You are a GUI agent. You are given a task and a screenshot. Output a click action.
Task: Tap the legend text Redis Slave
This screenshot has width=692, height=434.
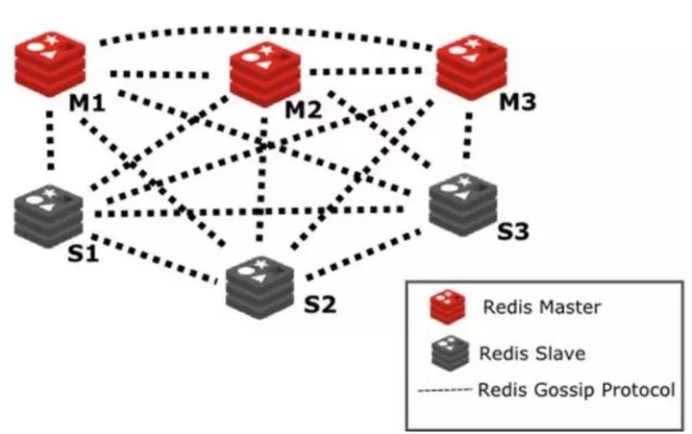(x=531, y=353)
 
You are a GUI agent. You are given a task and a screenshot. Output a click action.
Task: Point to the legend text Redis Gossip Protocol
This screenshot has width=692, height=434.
(x=575, y=390)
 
